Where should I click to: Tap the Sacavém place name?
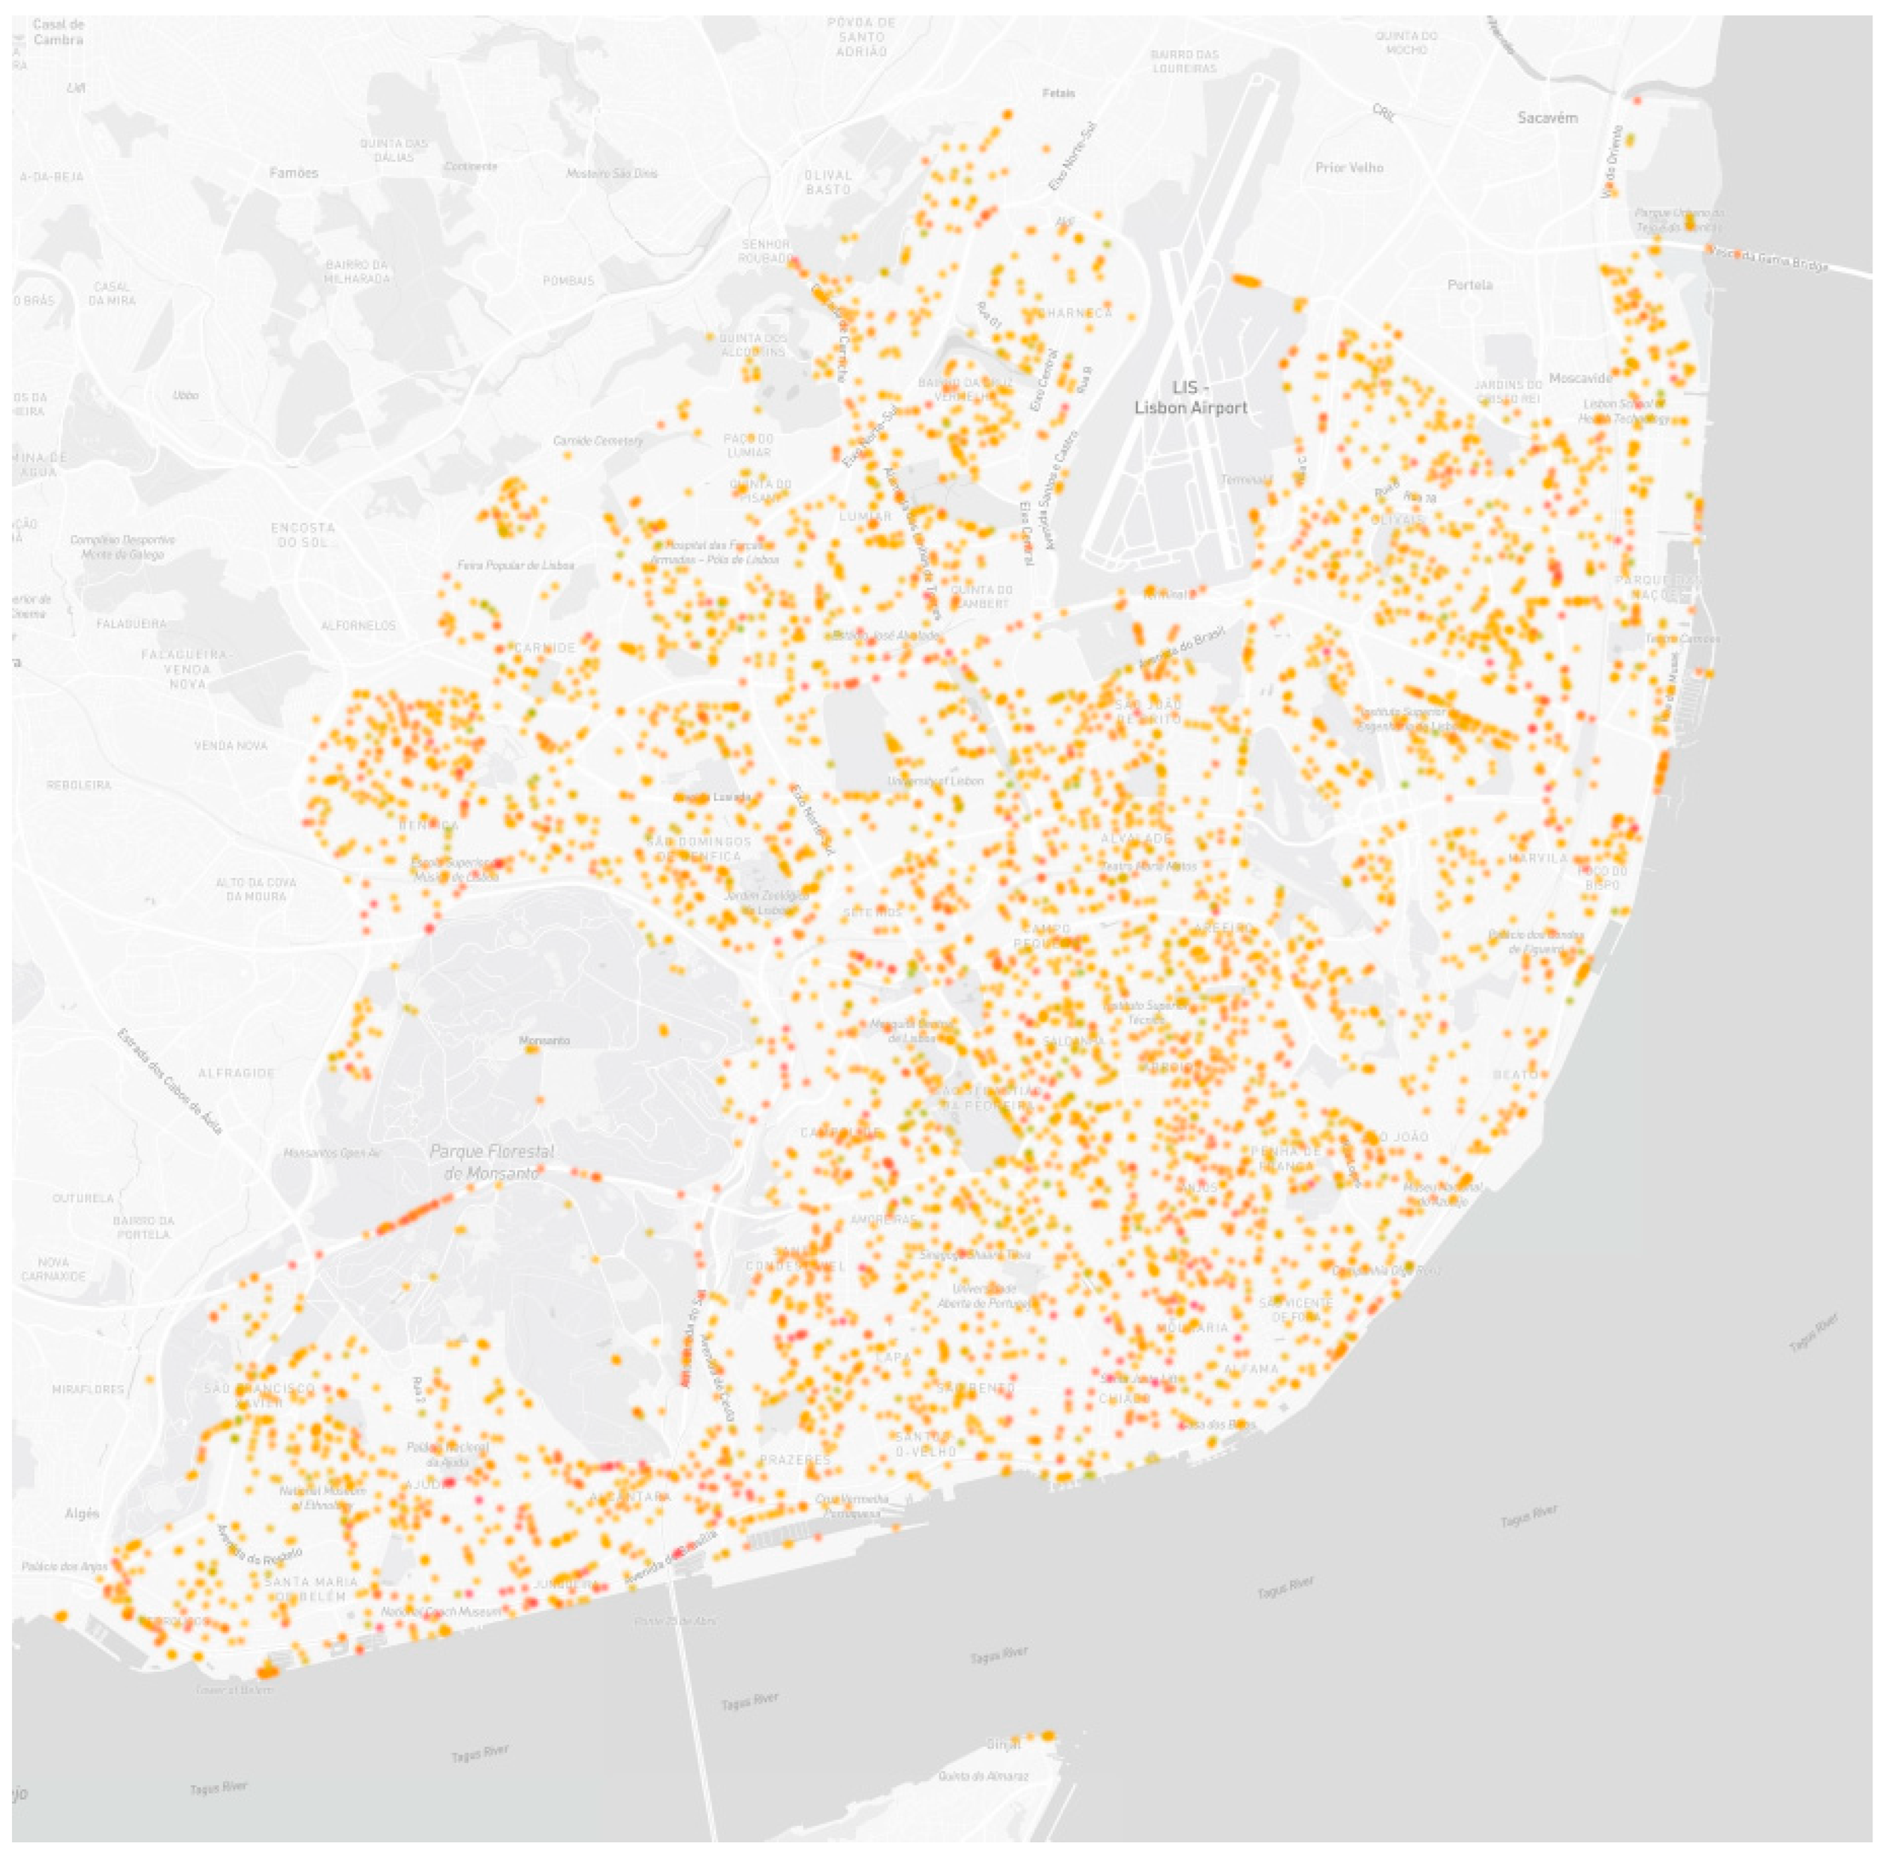pos(1547,118)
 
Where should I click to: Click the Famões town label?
pos(293,172)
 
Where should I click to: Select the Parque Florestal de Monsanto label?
pos(492,1162)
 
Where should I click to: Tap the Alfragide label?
pos(236,1073)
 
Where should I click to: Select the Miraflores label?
pos(88,1388)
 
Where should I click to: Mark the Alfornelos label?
pos(358,626)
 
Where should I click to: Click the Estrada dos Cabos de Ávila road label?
pos(170,1082)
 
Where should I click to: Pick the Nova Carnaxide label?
pos(54,1269)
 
